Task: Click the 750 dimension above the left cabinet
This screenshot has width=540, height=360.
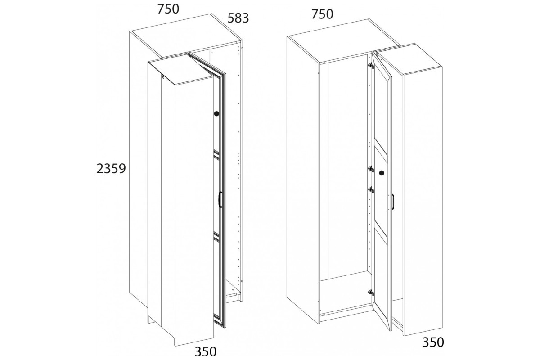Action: tap(168, 9)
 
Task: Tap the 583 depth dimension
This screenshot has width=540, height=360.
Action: tap(238, 18)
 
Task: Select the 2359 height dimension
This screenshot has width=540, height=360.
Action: tap(111, 169)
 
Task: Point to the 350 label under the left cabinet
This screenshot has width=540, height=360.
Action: tap(205, 351)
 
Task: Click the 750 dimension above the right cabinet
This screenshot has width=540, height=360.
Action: tap(322, 14)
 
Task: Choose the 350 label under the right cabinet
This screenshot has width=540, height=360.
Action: tap(433, 342)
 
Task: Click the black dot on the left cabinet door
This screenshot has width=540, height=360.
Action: tap(216, 113)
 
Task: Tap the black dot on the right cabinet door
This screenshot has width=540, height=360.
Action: tap(382, 173)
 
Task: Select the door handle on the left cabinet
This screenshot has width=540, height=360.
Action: tap(220, 199)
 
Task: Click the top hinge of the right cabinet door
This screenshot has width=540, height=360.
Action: tap(371, 66)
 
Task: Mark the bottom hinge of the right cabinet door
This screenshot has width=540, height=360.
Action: tap(371, 292)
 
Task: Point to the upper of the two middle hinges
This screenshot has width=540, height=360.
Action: tap(371, 169)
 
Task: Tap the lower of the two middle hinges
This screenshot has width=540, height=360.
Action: tap(371, 190)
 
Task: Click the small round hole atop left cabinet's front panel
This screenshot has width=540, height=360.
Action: tap(163, 78)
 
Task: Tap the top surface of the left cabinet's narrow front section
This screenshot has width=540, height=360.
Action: tap(181, 69)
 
